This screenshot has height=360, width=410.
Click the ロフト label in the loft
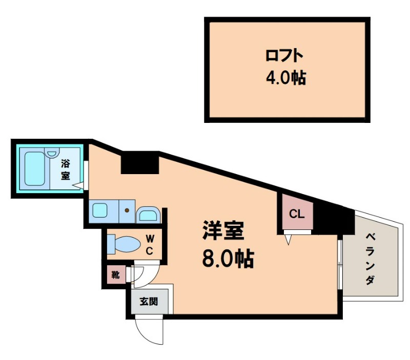click(x=284, y=56)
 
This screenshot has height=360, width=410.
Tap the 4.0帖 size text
click(x=286, y=77)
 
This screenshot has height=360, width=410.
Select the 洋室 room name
click(x=223, y=230)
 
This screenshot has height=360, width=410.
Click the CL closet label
click(x=297, y=214)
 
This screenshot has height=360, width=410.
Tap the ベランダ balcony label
click(x=370, y=259)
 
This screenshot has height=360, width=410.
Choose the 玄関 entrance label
click(x=149, y=302)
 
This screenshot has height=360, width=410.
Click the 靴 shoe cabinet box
click(x=116, y=275)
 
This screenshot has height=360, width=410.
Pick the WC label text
click(x=150, y=245)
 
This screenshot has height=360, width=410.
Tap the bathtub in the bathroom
click(x=35, y=169)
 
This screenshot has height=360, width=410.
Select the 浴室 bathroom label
click(x=66, y=170)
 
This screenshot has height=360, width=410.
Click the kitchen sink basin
click(x=100, y=211)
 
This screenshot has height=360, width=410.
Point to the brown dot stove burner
click(x=127, y=210)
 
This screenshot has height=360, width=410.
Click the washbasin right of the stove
click(x=148, y=215)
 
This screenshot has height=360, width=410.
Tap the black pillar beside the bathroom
click(x=140, y=162)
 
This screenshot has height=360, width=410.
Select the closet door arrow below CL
click(x=289, y=240)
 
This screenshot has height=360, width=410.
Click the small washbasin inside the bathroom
click(x=53, y=153)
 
